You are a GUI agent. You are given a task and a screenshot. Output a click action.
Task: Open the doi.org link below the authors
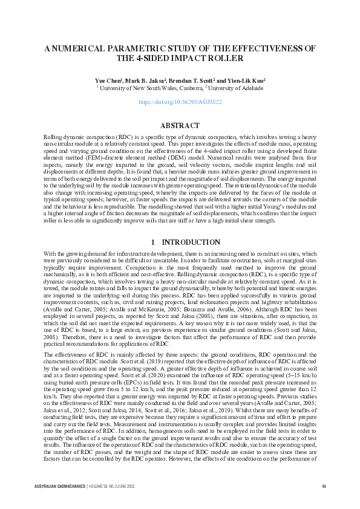click(x=180, y=103)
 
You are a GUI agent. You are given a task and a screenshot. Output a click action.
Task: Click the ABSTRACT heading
click(x=180, y=126)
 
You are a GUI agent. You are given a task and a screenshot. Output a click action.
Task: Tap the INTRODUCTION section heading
click(x=186, y=242)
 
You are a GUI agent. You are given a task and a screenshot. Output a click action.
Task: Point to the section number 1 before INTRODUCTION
click(x=153, y=242)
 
